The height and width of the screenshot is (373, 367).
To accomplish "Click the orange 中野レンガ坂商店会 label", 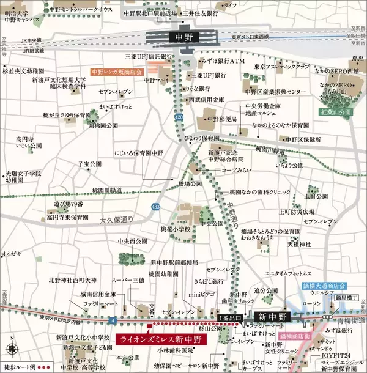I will [x=116, y=72].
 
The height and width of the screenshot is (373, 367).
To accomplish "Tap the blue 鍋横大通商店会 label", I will [x=324, y=286].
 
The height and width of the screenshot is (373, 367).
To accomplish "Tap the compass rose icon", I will [x=13, y=349].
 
